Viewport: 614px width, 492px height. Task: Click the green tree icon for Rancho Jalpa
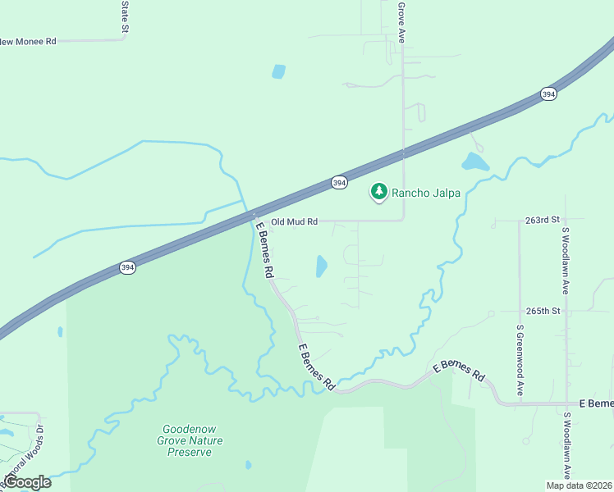click(378, 192)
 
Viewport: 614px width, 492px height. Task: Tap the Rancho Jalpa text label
click(425, 194)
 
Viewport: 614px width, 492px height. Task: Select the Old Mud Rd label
click(294, 221)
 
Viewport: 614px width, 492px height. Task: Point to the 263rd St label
click(542, 221)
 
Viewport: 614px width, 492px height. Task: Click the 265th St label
click(542, 312)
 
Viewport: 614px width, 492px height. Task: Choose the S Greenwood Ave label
click(520, 361)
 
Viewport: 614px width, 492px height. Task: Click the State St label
click(126, 16)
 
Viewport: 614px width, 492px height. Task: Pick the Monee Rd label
click(29, 40)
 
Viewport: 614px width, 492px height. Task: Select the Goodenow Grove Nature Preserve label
click(194, 440)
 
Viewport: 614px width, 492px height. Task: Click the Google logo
click(26, 482)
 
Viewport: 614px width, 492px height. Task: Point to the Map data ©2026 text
click(578, 485)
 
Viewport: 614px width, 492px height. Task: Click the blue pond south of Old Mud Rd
click(321, 266)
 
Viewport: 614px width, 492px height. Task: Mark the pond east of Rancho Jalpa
click(474, 162)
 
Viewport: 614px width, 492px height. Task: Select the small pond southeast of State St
click(278, 71)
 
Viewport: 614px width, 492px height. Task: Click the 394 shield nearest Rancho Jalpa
click(339, 183)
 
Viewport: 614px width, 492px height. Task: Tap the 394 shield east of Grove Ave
click(548, 95)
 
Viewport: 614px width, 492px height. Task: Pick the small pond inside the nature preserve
click(248, 465)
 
